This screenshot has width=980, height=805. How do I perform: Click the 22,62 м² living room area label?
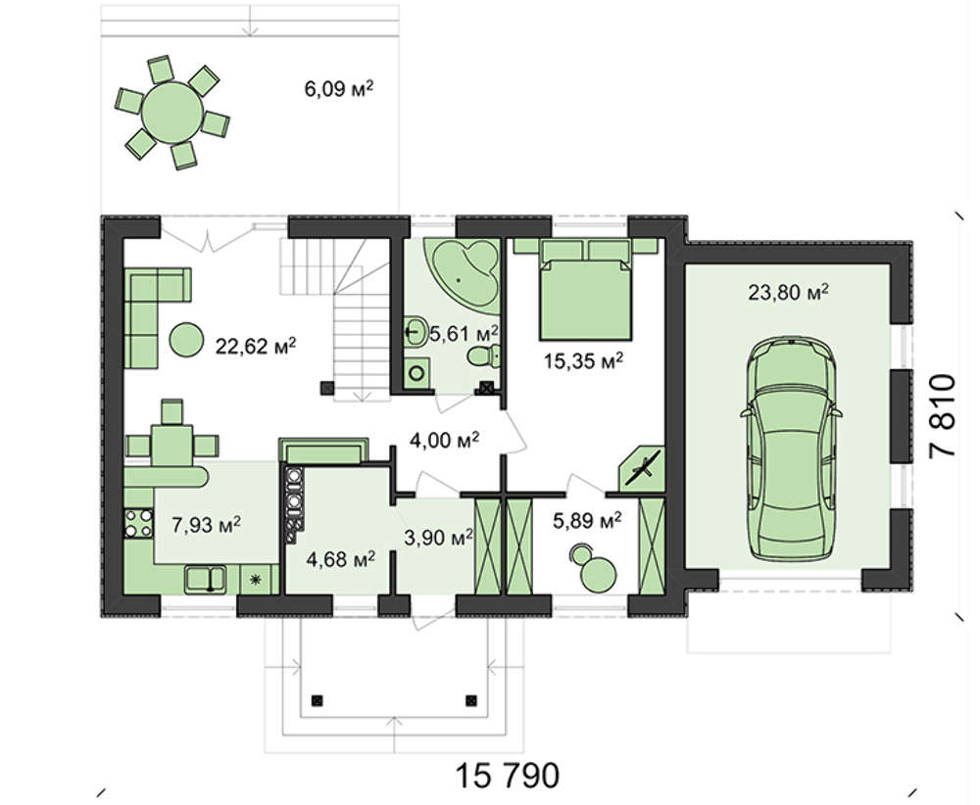[256, 346]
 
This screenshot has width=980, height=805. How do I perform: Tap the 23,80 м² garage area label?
[789, 291]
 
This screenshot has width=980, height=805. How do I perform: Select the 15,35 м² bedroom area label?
[583, 360]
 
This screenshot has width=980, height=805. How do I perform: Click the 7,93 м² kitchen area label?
[206, 525]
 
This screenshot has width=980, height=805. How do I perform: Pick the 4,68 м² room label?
[341, 559]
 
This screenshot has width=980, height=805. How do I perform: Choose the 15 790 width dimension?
[507, 776]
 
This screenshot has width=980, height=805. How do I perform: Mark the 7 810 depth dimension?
[942, 415]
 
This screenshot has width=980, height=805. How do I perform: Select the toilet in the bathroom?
[484, 355]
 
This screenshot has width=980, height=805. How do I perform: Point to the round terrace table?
[171, 113]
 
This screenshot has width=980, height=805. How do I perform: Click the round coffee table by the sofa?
[185, 340]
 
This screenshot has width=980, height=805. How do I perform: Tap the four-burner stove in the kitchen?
[139, 523]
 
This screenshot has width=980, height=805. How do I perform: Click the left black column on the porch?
[318, 700]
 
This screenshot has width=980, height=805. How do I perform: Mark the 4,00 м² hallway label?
[444, 441]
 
